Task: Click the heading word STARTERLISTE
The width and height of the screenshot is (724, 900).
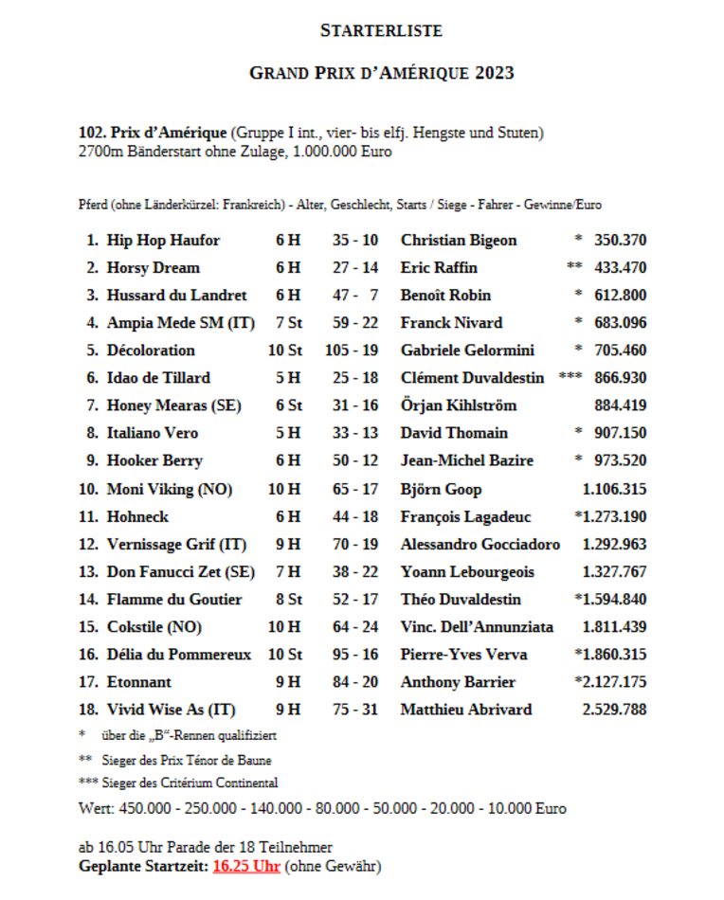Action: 381,30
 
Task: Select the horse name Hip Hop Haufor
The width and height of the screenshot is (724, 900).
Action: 163,241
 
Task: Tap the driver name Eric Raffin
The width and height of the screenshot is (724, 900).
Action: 439,268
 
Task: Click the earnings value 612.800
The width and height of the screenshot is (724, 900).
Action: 620,296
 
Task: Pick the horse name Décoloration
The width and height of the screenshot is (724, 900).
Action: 151,351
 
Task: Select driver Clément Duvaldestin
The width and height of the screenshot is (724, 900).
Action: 472,378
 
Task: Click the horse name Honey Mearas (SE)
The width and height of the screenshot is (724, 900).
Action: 174,405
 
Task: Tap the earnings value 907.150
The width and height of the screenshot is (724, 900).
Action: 620,433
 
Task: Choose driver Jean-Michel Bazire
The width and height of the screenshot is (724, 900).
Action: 466,460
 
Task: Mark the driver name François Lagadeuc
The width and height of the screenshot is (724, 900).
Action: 465,517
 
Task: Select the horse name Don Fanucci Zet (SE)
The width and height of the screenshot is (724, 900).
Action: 181,572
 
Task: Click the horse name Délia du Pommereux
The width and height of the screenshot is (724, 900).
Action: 179,655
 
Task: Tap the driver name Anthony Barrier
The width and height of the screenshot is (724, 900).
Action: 458,682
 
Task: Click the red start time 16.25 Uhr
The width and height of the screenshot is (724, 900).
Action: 245,866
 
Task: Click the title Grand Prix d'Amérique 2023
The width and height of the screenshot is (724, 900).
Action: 381,73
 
